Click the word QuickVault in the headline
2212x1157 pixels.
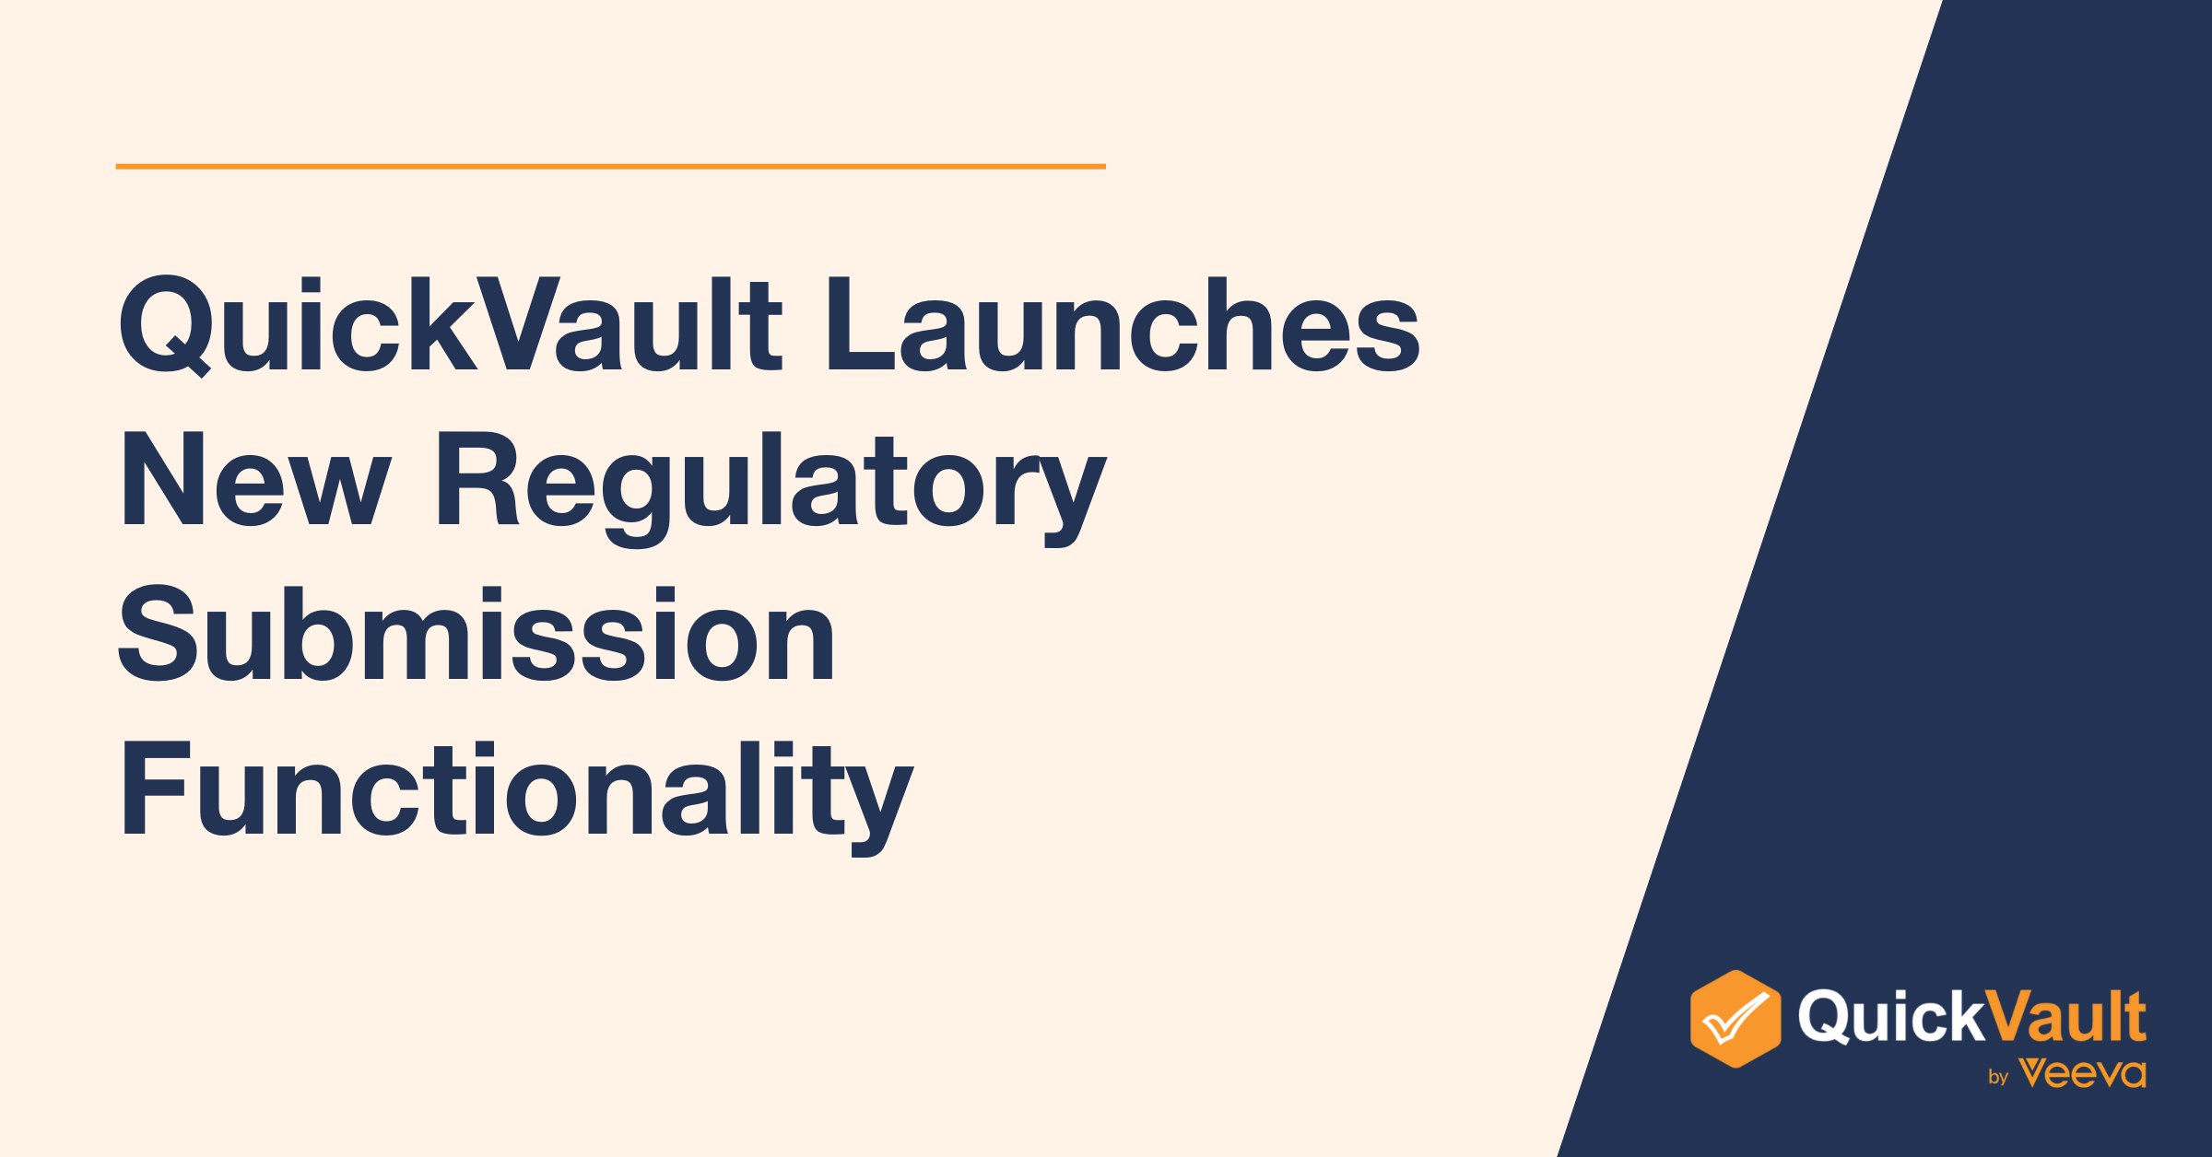pyautogui.click(x=451, y=326)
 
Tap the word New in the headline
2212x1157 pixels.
pyautogui.click(x=255, y=479)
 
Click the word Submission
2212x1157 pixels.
pyautogui.click(x=477, y=635)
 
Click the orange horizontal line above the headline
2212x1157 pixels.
pyautogui.click(x=610, y=167)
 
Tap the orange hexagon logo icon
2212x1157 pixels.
pyautogui.click(x=1735, y=1019)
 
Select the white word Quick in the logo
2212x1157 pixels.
pyautogui.click(x=1890, y=1017)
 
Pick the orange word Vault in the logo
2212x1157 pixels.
pyautogui.click(x=2065, y=1016)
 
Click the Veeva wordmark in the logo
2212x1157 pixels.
pyautogui.click(x=2082, y=1073)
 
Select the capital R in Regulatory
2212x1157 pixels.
pyautogui.click(x=477, y=479)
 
